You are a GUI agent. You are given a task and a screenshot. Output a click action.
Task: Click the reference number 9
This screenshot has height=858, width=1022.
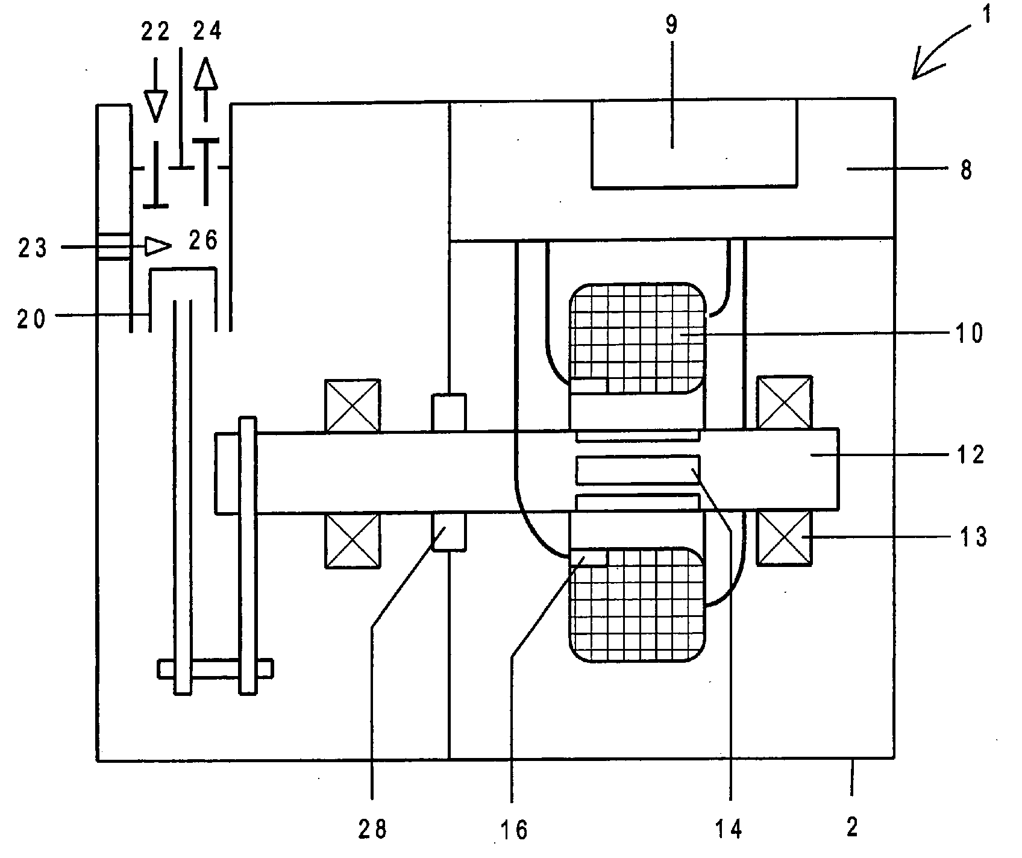click(x=671, y=25)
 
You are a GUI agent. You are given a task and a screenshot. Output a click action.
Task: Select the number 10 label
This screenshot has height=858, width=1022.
click(x=970, y=333)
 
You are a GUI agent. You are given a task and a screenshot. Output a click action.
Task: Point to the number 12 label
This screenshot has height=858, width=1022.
click(x=970, y=454)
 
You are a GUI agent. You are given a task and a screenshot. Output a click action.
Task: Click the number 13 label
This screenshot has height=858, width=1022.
click(x=971, y=536)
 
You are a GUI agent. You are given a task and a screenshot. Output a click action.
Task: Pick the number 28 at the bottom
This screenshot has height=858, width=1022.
click(x=372, y=830)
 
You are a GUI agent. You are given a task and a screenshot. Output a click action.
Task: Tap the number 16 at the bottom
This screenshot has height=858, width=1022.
click(x=513, y=831)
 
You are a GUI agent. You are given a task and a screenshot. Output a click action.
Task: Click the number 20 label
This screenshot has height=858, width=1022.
click(x=31, y=319)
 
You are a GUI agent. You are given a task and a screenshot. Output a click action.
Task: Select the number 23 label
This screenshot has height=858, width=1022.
click(x=32, y=248)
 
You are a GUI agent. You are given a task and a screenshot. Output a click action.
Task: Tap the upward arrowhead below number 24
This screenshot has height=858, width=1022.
click(x=205, y=73)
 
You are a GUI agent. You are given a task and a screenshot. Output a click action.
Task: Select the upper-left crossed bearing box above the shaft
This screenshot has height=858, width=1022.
click(x=353, y=406)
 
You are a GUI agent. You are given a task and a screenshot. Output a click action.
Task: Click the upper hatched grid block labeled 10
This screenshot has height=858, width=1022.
click(x=636, y=338)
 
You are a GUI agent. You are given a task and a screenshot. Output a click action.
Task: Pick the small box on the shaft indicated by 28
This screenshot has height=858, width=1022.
click(x=450, y=531)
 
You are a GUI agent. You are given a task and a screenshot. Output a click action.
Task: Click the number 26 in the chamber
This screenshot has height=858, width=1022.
click(x=202, y=241)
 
